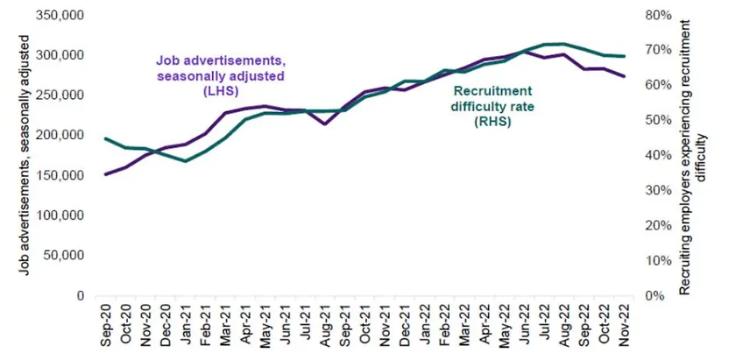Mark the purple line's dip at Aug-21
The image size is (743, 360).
click(x=325, y=124)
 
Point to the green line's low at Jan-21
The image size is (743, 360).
click(x=185, y=161)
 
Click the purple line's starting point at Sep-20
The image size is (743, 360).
click(x=105, y=174)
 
